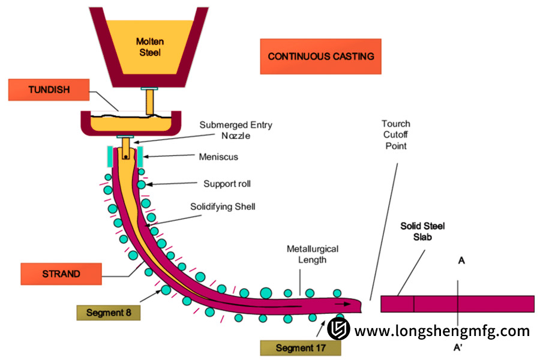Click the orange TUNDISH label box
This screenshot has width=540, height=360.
click(49, 90)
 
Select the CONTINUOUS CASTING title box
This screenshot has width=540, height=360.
click(320, 56)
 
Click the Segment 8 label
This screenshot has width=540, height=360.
click(109, 313)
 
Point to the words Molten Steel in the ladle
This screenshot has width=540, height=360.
click(149, 47)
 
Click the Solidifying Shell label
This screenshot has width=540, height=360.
click(223, 207)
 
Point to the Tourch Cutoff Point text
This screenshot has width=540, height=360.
click(396, 135)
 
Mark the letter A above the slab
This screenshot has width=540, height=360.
click(461, 261)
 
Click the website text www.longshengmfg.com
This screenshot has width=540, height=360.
click(442, 331)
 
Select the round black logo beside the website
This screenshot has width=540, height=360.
click(338, 329)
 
